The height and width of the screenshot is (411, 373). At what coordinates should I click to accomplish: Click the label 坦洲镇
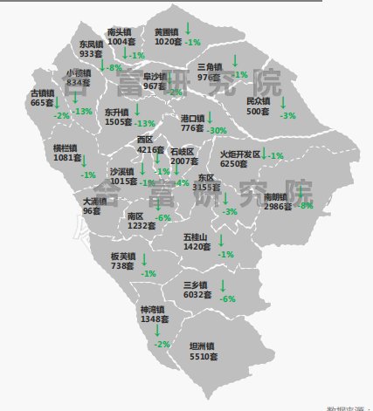(x=204, y=346)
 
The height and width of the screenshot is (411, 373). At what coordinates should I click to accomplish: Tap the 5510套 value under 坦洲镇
(x=204, y=357)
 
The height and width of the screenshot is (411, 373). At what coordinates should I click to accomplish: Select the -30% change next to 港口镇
(x=218, y=130)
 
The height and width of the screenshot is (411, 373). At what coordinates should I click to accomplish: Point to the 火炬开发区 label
(x=240, y=153)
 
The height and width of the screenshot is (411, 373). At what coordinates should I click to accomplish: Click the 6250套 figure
(x=234, y=163)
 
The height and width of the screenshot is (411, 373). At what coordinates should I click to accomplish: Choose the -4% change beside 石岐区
(x=182, y=182)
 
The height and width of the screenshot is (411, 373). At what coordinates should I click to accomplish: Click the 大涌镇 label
(x=94, y=201)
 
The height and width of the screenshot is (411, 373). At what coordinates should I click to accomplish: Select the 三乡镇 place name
(x=196, y=284)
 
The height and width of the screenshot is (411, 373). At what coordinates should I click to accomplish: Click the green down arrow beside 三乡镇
(x=222, y=285)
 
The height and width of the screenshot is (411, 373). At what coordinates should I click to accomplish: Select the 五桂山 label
(x=196, y=236)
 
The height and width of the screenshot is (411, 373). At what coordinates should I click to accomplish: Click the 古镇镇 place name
(x=42, y=92)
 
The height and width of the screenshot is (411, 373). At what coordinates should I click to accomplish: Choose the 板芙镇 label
(x=122, y=257)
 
